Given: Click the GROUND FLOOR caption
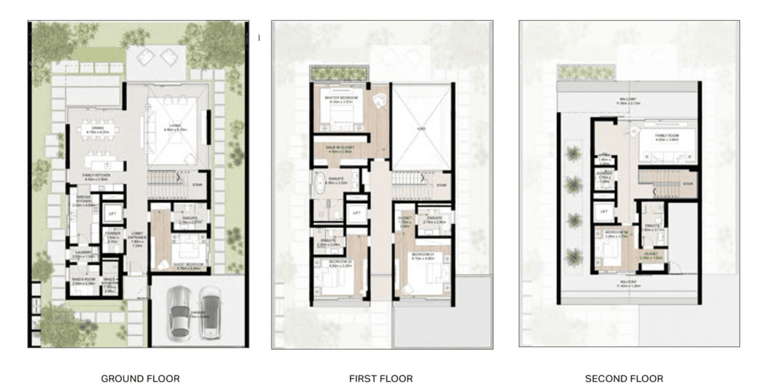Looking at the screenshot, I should coord(140,379).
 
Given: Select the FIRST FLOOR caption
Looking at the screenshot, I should coord(381,379).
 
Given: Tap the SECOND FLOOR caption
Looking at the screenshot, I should coord(624,379).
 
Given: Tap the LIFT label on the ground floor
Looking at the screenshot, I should coord(112,214).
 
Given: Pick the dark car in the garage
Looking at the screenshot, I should coord(210,314).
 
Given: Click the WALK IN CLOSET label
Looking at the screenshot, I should coord(340,148).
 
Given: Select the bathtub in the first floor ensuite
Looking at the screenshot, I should coord(318,185).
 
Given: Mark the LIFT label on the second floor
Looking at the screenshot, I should coord(604,212).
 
